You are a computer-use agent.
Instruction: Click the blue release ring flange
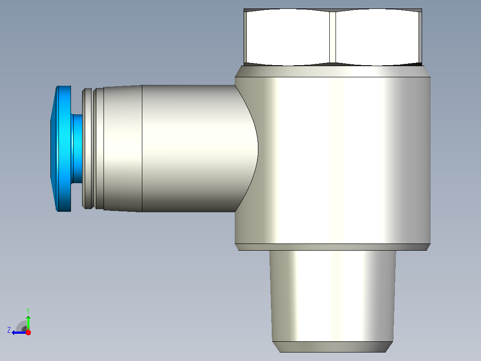tap(61, 149)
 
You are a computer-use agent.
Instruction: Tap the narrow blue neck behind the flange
tap(77, 149)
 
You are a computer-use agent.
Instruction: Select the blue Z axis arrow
tap(19, 332)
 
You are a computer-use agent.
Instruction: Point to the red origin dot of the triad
tap(28, 332)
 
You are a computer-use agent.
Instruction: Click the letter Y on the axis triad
tap(28, 311)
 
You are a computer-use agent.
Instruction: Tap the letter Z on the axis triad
tap(9, 330)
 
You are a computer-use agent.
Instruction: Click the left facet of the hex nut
tap(287, 37)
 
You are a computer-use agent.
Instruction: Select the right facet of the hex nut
tap(378, 37)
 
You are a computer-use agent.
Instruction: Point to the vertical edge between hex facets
tap(333, 37)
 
